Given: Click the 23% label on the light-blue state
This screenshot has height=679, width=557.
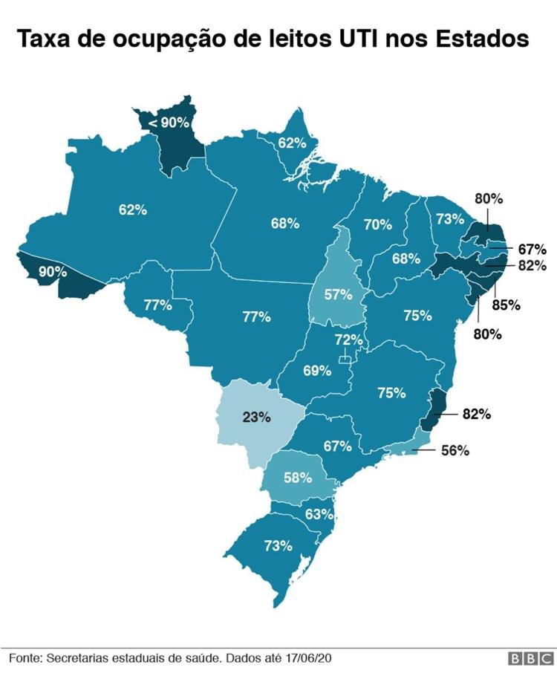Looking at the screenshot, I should click(x=255, y=417).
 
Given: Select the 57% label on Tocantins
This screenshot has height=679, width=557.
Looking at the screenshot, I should click(x=337, y=294).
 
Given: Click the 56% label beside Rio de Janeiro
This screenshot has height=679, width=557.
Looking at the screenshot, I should click(x=454, y=450).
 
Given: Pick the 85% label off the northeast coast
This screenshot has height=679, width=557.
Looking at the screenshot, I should click(x=506, y=305).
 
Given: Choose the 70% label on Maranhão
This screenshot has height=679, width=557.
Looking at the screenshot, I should click(x=377, y=224).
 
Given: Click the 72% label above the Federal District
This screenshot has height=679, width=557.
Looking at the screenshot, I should click(x=348, y=340).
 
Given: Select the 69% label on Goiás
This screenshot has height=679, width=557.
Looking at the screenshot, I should click(x=317, y=370).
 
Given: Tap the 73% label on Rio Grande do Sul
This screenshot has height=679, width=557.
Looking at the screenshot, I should click(x=278, y=546).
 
